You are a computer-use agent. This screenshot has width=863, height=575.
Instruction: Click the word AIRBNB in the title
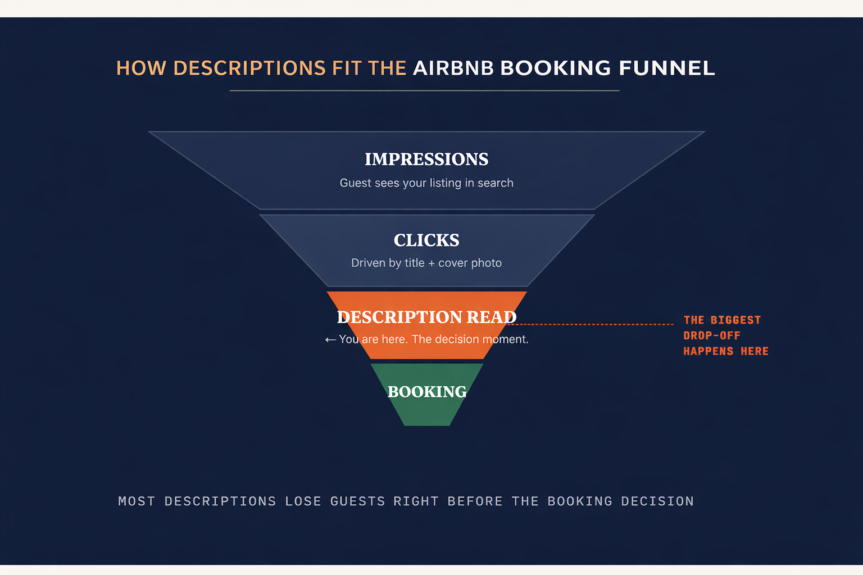point(453,69)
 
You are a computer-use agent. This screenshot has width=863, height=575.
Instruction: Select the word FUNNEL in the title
point(666,69)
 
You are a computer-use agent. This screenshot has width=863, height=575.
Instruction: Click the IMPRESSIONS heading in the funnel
point(426,159)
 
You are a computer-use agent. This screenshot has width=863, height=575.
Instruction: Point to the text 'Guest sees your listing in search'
point(426,183)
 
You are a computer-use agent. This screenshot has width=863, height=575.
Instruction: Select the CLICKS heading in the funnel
point(426,240)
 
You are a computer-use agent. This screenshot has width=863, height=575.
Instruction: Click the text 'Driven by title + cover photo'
point(426,263)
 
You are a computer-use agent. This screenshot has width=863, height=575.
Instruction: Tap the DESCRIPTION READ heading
point(426,317)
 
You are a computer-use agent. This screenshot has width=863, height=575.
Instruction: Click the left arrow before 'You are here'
point(330,340)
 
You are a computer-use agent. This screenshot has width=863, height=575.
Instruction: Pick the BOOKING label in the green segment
point(427,391)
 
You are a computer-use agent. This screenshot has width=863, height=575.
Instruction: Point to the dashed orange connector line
point(596,325)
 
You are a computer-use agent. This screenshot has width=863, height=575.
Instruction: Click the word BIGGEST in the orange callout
point(735,320)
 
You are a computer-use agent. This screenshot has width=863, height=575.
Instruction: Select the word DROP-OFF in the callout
point(712,336)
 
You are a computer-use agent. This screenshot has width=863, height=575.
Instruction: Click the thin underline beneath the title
point(424,90)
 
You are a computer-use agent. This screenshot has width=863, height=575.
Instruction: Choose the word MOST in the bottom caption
point(137,501)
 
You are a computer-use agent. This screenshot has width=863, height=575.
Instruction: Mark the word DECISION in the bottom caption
point(657,501)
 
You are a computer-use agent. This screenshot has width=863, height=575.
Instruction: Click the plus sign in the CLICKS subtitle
point(431,263)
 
